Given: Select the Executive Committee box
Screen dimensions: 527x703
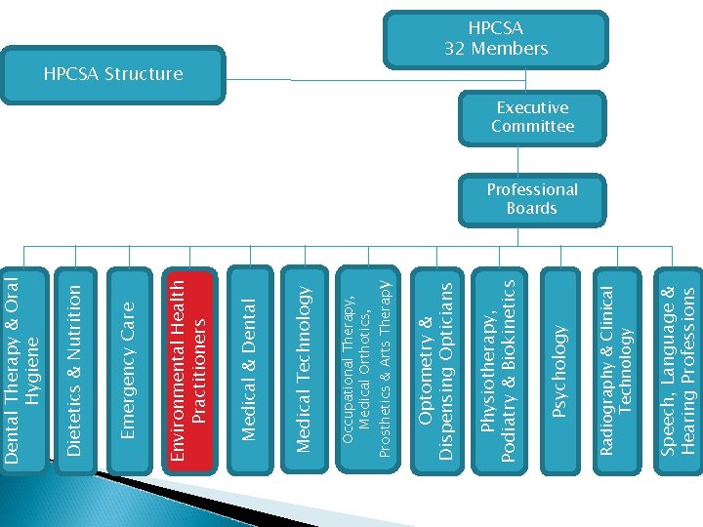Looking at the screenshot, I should [x=532, y=117].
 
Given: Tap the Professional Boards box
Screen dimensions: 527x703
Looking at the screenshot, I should [x=532, y=199].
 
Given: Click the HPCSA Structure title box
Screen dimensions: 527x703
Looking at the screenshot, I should [x=113, y=74].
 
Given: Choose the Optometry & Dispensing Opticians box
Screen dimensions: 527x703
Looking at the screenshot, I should [x=434, y=356].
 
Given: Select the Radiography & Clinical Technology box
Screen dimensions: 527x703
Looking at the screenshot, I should [x=619, y=356].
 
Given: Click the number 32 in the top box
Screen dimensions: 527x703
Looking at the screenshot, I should [x=481, y=48].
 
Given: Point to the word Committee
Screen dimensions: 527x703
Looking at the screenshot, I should [x=532, y=127].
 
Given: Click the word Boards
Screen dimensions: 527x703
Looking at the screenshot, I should [x=532, y=209].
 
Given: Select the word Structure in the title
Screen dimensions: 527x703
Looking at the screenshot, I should [x=145, y=74].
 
